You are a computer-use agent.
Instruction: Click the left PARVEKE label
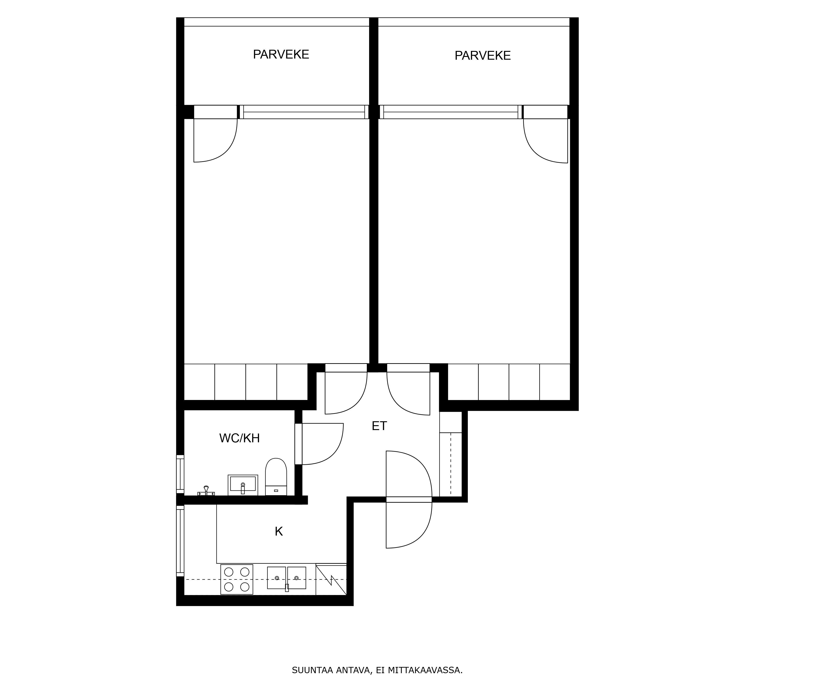[x=281, y=54]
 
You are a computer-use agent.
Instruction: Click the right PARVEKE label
[x=482, y=56]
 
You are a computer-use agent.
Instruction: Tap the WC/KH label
[x=239, y=438]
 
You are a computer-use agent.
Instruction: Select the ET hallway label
[x=379, y=426]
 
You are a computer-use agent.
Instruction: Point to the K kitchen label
[x=278, y=531]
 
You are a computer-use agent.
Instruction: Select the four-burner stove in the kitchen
[x=237, y=579]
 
